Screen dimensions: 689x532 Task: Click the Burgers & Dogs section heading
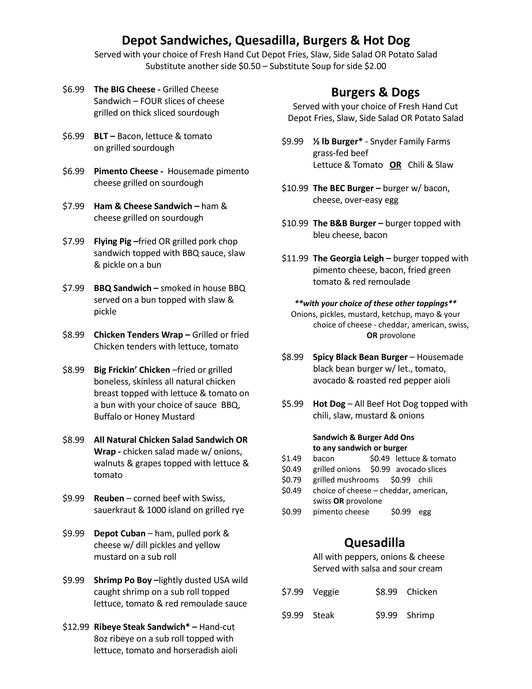(x=375, y=92)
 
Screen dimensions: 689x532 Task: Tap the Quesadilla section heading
(x=374, y=543)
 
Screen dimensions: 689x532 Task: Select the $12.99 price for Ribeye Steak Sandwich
(x=76, y=627)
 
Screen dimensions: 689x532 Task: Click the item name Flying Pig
(x=112, y=242)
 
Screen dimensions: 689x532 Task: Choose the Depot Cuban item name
(x=119, y=533)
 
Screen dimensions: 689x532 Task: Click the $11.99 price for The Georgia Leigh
(x=295, y=258)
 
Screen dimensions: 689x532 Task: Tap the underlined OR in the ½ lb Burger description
(x=395, y=165)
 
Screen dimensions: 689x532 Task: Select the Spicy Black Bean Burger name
(x=360, y=357)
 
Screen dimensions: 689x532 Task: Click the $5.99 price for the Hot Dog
(x=292, y=404)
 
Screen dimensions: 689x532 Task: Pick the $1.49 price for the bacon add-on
(x=291, y=459)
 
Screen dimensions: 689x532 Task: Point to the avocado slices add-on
(x=421, y=469)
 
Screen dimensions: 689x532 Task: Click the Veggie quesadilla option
(x=326, y=592)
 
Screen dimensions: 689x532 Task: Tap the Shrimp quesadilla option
(x=420, y=615)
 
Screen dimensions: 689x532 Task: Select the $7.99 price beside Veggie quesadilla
(x=292, y=592)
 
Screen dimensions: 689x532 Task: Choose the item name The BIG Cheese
(x=124, y=89)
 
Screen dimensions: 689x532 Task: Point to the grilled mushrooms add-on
(x=345, y=480)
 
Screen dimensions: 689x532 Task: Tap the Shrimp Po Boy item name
(x=123, y=580)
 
